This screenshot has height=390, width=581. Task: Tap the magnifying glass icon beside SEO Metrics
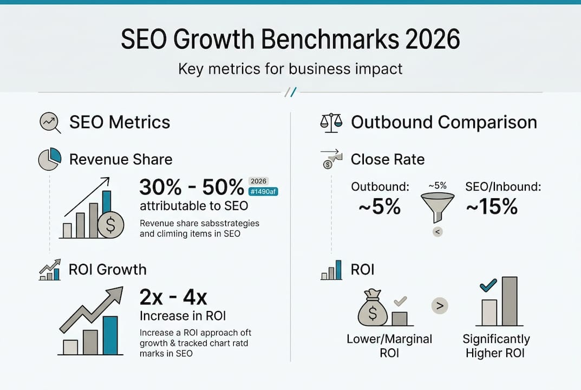[50, 122]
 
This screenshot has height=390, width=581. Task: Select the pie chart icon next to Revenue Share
[49, 159]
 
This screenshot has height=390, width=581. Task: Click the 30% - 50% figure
[192, 187]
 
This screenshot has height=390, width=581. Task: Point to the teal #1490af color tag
[263, 191]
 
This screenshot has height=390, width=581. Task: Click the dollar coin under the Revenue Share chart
[110, 225]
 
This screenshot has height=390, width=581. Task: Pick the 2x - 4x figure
[173, 297]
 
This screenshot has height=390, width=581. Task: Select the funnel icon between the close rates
[438, 207]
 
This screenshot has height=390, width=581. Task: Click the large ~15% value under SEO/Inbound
[491, 206]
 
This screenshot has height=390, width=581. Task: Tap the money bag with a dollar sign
[373, 309]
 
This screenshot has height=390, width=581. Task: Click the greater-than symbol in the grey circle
[440, 306]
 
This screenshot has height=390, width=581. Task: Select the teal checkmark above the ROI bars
[488, 285]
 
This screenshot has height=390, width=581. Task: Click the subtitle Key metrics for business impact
[290, 69]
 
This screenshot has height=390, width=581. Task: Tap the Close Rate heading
[388, 159]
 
